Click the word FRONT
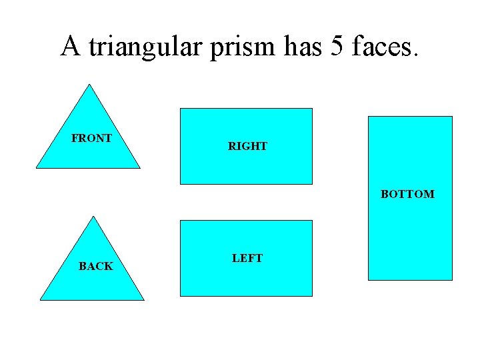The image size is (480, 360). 91,139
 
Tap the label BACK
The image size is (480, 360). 95,267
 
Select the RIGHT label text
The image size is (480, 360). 247,147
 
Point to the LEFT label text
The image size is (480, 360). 247,259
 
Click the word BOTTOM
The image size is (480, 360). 407,195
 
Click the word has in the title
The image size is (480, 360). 302,47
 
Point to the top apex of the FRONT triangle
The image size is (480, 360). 89,84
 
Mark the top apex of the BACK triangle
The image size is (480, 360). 93,216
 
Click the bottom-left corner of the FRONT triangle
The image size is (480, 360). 37,168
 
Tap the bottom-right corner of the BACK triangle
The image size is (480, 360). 144,300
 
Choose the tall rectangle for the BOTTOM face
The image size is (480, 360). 410,233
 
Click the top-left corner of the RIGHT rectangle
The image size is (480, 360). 181,109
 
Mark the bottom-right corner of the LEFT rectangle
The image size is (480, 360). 312,295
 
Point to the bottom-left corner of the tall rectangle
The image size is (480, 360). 369,280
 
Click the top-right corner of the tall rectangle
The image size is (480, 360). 452,117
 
